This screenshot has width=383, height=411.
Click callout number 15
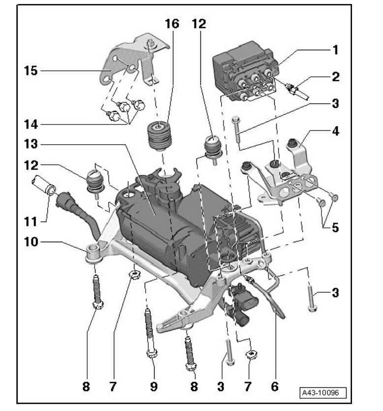click(31, 71)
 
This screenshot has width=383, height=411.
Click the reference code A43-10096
click(323, 393)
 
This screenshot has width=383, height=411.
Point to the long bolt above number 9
click(149, 327)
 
